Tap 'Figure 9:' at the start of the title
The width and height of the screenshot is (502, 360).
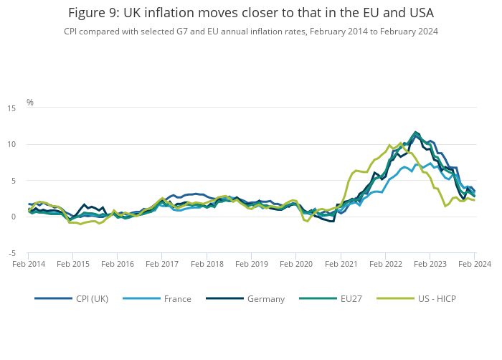coord(93,13)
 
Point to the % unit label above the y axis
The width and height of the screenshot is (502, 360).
coord(30,103)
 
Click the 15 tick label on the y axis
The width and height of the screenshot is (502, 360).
coord(12,108)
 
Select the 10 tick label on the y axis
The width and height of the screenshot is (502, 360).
coord(12,145)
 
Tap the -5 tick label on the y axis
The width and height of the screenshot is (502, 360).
coord(12,253)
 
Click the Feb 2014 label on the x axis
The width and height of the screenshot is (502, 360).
coord(28,264)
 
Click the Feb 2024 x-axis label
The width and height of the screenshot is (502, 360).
coord(475,264)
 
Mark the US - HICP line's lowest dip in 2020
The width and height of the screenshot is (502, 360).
coord(307,221)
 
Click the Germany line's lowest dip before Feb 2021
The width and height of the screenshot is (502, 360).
coord(333,221)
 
